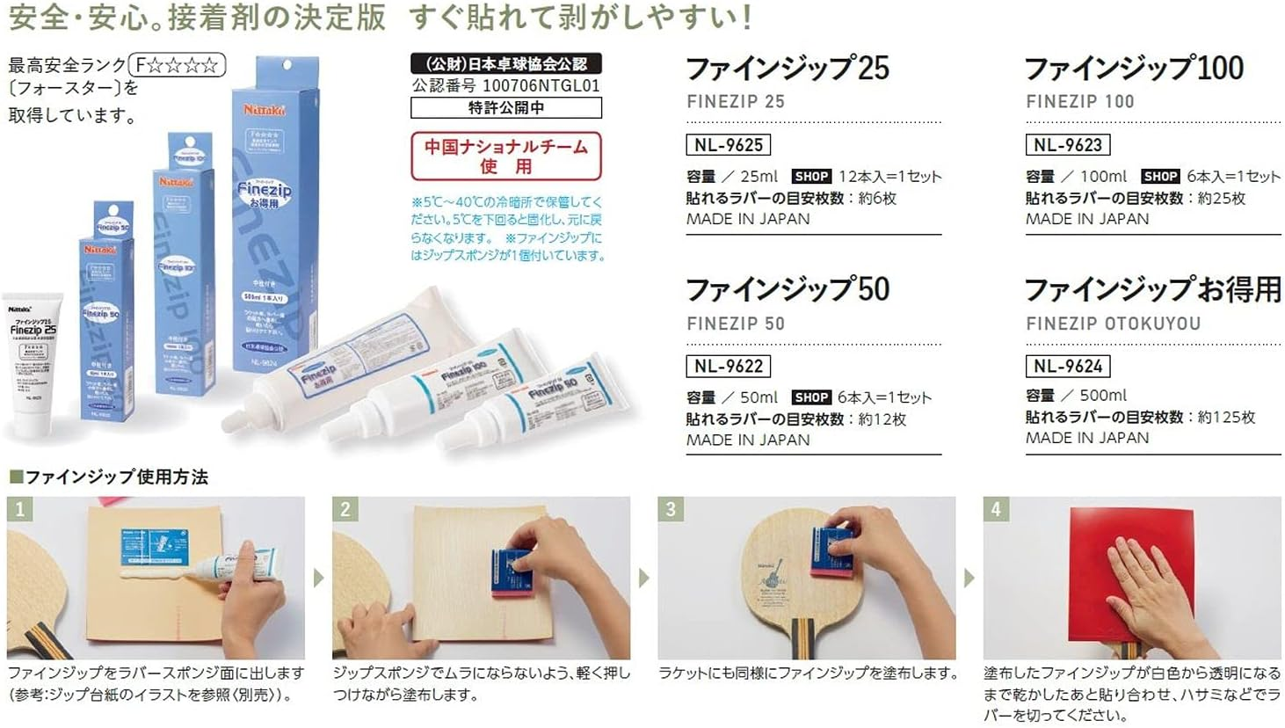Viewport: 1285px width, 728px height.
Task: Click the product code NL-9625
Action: tap(728, 145)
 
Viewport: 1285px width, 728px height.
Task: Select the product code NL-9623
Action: tap(1067, 145)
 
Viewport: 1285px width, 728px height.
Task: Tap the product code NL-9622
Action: tap(728, 366)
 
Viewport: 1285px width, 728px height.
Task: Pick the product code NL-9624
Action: tap(1067, 366)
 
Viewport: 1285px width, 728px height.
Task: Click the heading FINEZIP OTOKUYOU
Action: tap(1113, 324)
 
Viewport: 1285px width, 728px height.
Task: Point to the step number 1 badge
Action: tap(20, 509)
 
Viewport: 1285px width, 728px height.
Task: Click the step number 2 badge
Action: tap(345, 509)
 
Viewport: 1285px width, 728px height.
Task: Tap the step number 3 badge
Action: tap(671, 509)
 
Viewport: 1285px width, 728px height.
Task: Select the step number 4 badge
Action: tap(996, 509)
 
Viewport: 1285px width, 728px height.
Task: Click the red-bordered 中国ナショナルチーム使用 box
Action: tap(506, 156)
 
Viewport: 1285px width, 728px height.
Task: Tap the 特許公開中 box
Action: tap(506, 107)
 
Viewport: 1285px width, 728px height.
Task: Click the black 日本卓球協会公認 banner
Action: tap(506, 63)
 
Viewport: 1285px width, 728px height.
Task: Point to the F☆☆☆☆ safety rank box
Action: tap(178, 65)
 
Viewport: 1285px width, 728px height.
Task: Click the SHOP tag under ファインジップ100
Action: tap(1160, 177)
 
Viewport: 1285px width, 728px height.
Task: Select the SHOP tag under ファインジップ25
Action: tap(811, 177)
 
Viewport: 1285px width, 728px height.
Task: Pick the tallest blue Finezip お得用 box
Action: tap(274, 211)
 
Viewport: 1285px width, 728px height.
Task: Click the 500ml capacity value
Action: tap(1103, 396)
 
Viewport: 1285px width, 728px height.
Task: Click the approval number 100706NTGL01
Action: tap(541, 86)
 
